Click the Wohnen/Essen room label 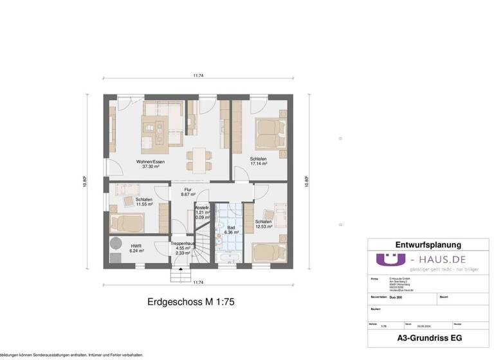click(150, 161)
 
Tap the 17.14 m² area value click(258, 163)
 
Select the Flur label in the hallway click(188, 189)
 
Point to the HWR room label click(136, 246)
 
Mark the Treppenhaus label click(182, 244)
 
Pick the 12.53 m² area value click(263, 226)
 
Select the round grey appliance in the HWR click(116, 243)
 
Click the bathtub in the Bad click(228, 258)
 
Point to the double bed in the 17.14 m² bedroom click(268, 133)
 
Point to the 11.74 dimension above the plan click(198, 76)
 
